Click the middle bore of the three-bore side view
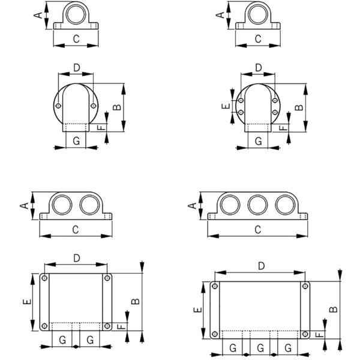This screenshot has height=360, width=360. click(x=257, y=205)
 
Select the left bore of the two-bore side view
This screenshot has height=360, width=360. click(x=61, y=205)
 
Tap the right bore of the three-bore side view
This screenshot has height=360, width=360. click(x=286, y=205)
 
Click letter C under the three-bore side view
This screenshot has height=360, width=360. click(x=257, y=229)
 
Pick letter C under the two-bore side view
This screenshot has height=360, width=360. click(x=75, y=229)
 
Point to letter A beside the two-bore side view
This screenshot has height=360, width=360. click(x=24, y=205)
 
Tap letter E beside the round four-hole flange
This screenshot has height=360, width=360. click(x=225, y=106)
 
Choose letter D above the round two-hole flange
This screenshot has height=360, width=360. click(x=76, y=67)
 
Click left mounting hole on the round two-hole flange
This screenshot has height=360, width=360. click(x=58, y=106)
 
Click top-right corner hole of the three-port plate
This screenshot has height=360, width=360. click(x=305, y=286)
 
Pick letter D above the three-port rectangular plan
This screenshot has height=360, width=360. click(x=261, y=265)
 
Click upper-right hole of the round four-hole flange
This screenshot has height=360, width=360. click(x=275, y=101)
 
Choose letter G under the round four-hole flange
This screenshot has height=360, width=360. click(x=258, y=140)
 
